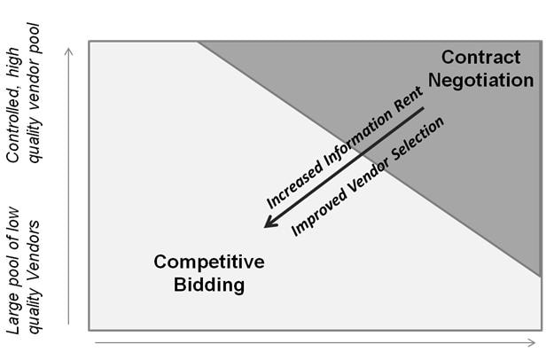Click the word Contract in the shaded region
tap(480, 58)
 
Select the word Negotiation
tap(481, 80)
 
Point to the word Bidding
tap(210, 285)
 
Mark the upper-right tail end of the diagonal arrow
tap(424, 110)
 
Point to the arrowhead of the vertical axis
tap(69, 50)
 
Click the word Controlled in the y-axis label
tap(14, 129)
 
